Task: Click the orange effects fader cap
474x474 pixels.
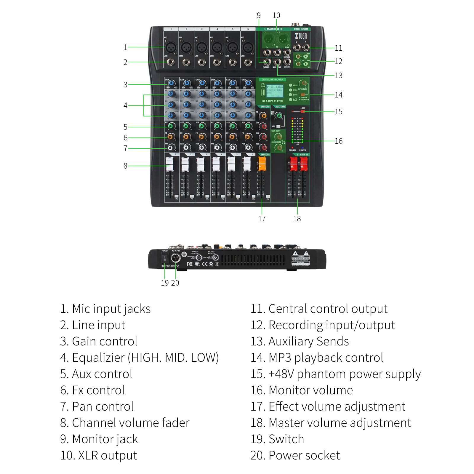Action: (x=262, y=164)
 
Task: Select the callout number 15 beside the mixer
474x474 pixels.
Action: (x=339, y=112)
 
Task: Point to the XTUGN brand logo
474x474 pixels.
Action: (x=301, y=36)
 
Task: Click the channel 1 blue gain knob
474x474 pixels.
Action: (x=171, y=84)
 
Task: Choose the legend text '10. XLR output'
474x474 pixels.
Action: (x=99, y=455)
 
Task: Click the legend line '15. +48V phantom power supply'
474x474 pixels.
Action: (x=336, y=374)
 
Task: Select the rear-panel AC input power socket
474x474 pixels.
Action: (x=176, y=258)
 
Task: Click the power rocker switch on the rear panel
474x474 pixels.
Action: (x=165, y=258)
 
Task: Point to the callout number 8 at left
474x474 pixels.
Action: (x=125, y=166)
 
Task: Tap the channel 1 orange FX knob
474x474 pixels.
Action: (x=171, y=137)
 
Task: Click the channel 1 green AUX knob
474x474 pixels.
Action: (x=171, y=127)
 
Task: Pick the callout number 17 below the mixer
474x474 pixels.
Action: (x=262, y=219)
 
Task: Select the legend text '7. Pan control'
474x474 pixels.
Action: (x=97, y=406)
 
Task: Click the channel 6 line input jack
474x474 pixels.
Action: (x=248, y=62)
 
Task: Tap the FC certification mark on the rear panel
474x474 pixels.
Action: (x=190, y=264)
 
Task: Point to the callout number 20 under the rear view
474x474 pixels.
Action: (x=175, y=283)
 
